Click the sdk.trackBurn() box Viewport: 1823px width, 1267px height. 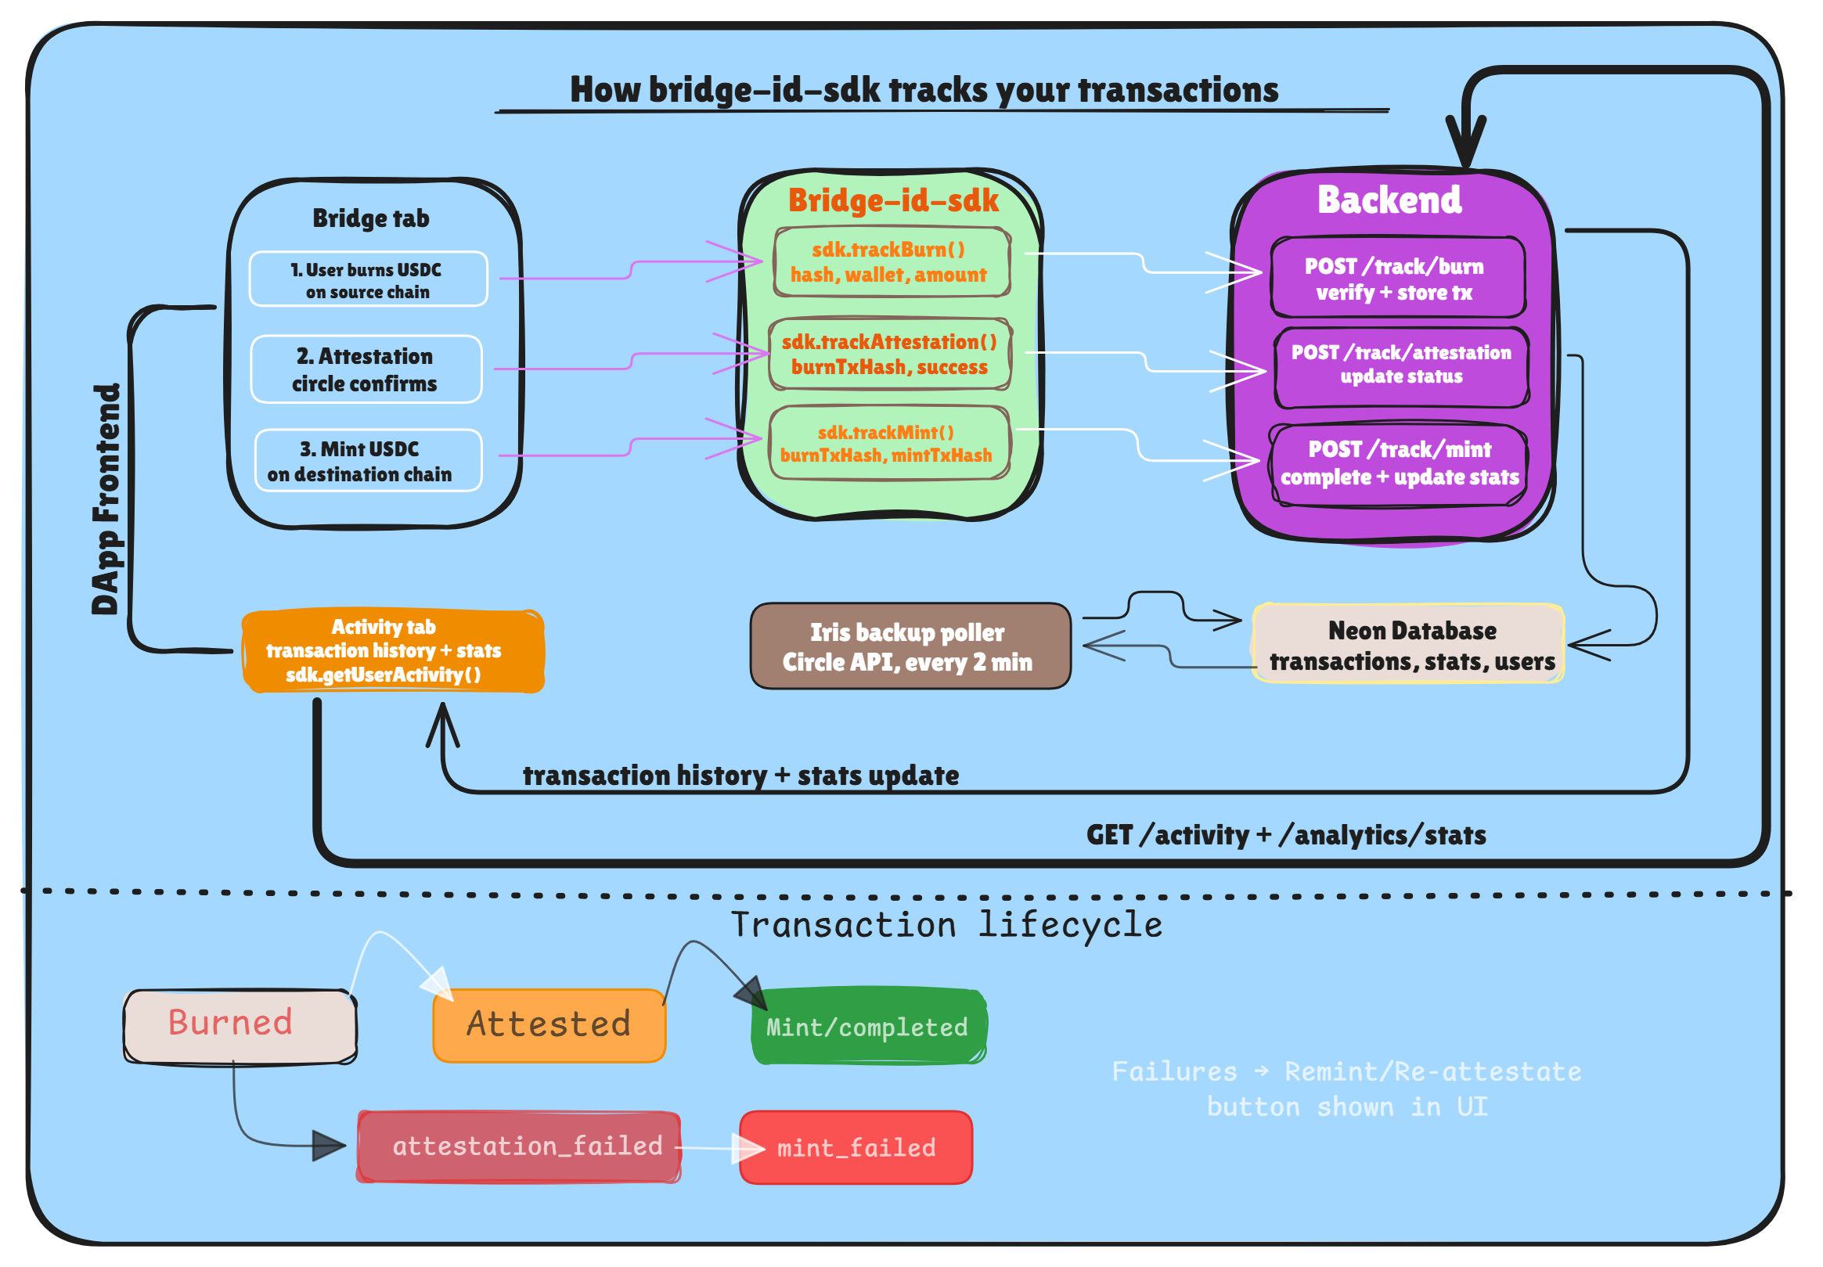[x=891, y=263]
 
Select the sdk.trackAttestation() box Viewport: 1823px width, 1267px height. [x=891, y=355]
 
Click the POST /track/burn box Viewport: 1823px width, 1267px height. [x=1397, y=279]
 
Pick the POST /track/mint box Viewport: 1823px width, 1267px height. [x=1399, y=463]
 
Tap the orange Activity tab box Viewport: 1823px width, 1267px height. [x=394, y=652]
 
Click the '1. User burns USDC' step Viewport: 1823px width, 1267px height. [x=369, y=280]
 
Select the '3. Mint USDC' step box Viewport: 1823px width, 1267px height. [x=369, y=462]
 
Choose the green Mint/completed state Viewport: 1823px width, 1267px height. [x=869, y=1028]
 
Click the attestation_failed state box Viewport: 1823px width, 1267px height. [x=520, y=1148]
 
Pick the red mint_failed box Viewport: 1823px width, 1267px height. [x=856, y=1149]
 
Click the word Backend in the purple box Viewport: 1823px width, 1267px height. [x=1389, y=200]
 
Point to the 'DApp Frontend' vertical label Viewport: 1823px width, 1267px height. [x=106, y=500]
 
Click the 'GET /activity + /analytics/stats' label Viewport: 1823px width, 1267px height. [x=1286, y=836]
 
